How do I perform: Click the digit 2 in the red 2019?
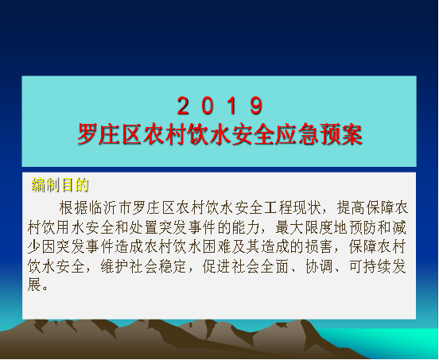[183, 105]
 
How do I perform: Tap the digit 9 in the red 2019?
[256, 105]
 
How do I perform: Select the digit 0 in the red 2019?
[208, 105]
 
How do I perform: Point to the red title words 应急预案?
[319, 134]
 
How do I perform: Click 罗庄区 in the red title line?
[110, 134]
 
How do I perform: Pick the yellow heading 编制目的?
[60, 184]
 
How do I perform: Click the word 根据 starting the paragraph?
[74, 207]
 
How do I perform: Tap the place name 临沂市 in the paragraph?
[111, 207]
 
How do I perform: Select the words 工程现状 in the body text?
[293, 207]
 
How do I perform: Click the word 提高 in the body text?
[352, 207]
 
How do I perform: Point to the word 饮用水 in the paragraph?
[64, 227]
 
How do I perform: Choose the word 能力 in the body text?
[246, 227]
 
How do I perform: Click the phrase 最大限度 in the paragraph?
[305, 227]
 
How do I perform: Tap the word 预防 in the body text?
[363, 227]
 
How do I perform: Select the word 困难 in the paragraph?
[217, 246]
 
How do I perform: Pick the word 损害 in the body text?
[319, 246]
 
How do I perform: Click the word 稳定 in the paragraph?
[173, 266]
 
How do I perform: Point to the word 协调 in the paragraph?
[319, 266]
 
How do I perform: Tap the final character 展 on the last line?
[35, 285]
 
